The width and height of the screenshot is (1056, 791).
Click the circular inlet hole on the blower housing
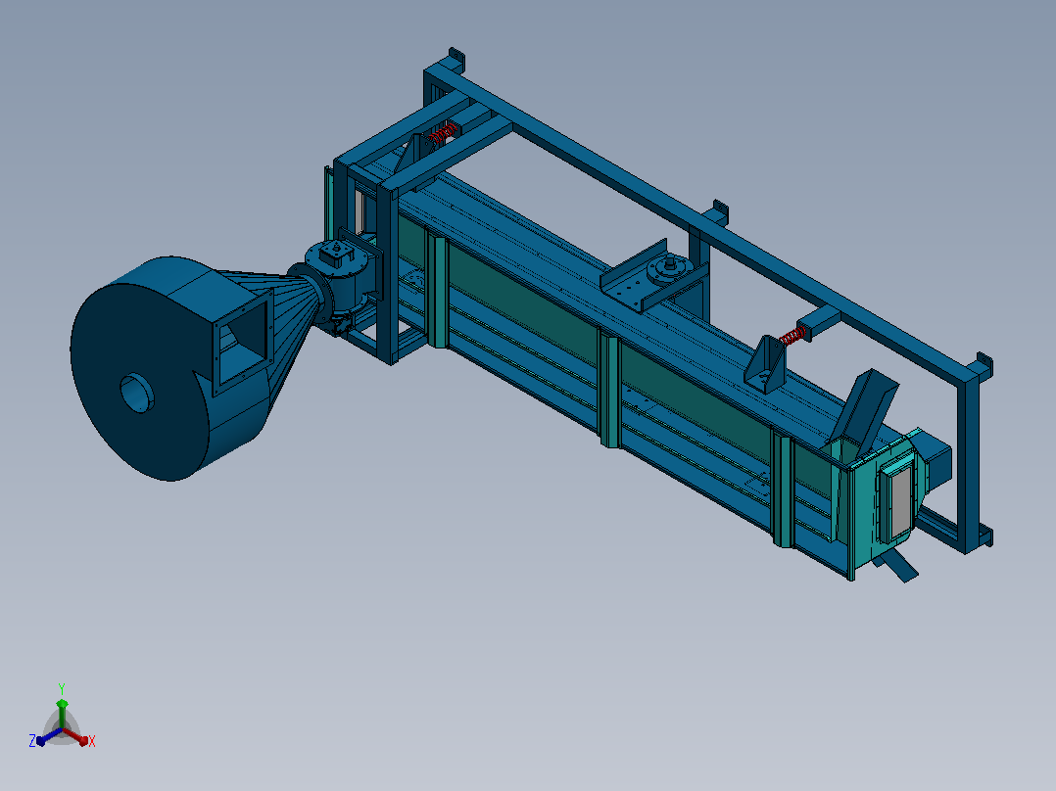[137, 393]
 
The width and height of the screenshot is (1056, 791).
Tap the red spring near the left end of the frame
[444, 133]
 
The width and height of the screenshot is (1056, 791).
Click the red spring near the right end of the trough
[792, 335]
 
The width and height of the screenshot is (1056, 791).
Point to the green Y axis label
[62, 688]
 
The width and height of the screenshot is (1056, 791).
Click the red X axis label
[92, 741]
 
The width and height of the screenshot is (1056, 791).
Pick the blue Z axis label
[32, 741]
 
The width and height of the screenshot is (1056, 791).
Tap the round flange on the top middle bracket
[667, 270]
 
